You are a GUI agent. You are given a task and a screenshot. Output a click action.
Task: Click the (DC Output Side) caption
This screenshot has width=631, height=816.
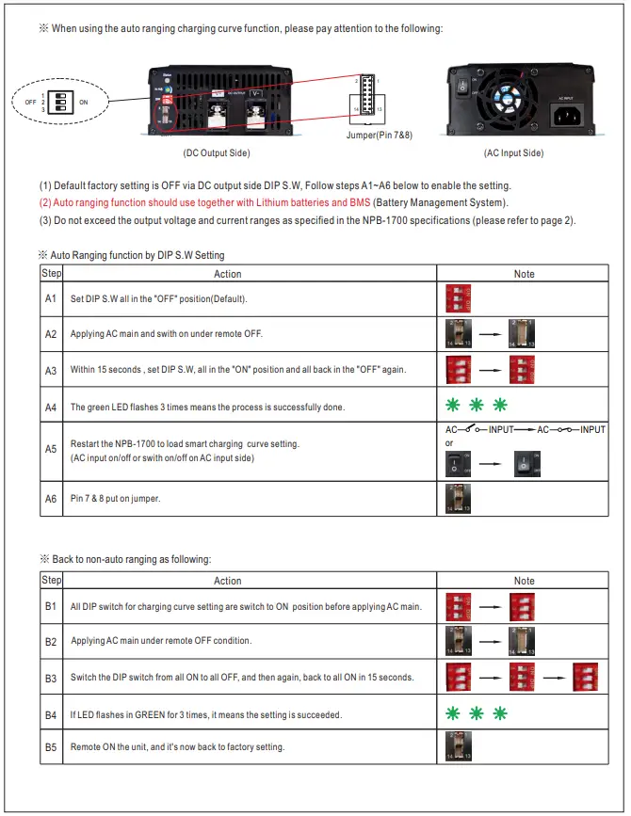pos(217,152)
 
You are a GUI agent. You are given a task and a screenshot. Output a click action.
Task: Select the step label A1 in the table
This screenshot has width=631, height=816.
pos(51,298)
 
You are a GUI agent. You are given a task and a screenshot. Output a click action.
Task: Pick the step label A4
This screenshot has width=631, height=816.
pos(51,407)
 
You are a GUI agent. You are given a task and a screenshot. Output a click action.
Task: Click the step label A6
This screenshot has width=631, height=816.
pos(51,498)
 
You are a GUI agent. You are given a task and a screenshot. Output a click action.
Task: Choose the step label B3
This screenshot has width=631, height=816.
pos(51,677)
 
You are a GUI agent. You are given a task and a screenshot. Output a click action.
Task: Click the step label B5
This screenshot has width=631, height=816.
pos(51,746)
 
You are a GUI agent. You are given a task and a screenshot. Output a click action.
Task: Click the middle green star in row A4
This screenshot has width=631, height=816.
pos(476,406)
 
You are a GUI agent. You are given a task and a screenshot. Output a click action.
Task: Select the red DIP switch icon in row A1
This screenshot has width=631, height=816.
pos(458,298)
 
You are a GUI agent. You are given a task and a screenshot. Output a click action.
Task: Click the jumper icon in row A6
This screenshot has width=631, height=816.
pos(458,498)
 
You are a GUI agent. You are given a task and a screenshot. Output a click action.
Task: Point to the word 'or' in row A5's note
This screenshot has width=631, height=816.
pos(449,442)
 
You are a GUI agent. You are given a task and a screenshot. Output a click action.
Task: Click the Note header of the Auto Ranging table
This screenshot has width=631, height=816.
pos(524,274)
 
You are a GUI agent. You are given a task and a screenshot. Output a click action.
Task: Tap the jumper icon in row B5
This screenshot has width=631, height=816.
pos(458,747)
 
